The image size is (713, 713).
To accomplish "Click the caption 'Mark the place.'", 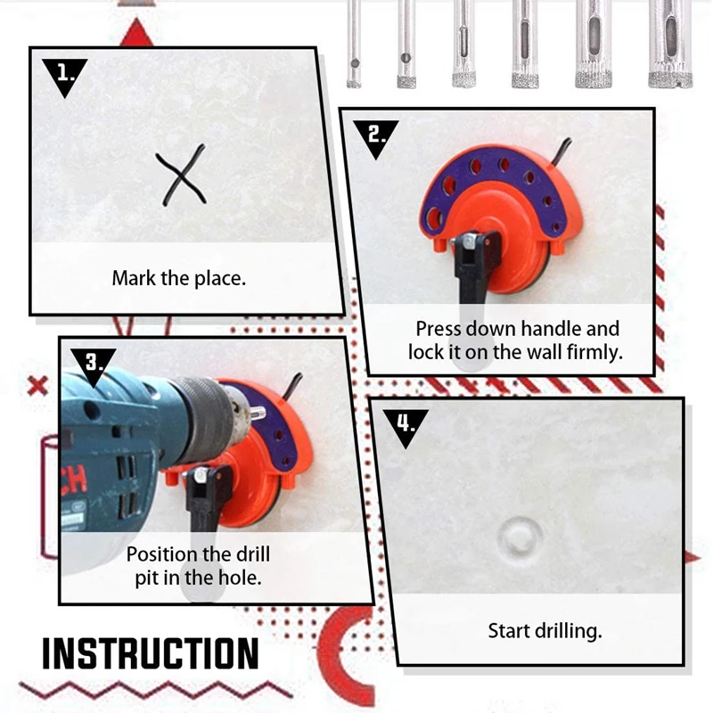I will pyautogui.click(x=178, y=278).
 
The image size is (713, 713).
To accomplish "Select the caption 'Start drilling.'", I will pyautogui.click(x=545, y=631).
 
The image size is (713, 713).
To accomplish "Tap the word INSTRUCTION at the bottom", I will pyautogui.click(x=151, y=653).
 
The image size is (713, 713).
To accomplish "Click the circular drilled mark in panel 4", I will pyautogui.click(x=521, y=536).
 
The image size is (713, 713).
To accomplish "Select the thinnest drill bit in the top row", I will pyautogui.click(x=354, y=45).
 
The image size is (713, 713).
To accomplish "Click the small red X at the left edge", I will pyautogui.click(x=37, y=387).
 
